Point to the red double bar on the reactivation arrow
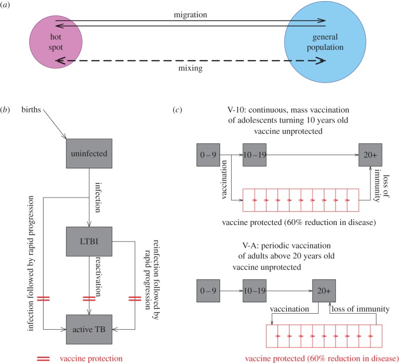pos(88,267)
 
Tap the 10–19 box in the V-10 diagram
pos(255,155)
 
